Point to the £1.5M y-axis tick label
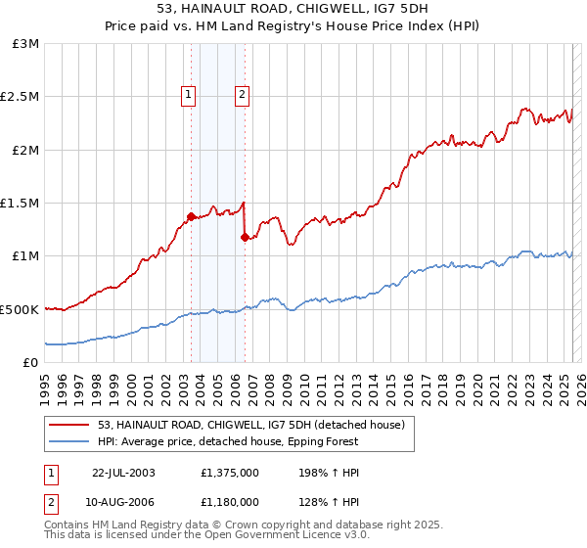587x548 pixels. click(21, 204)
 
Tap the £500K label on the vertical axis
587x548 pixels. click(20, 309)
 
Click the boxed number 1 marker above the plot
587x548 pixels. click(187, 95)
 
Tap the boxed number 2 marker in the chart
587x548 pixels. click(242, 95)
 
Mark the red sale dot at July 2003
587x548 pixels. click(191, 216)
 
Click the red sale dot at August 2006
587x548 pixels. click(245, 237)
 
